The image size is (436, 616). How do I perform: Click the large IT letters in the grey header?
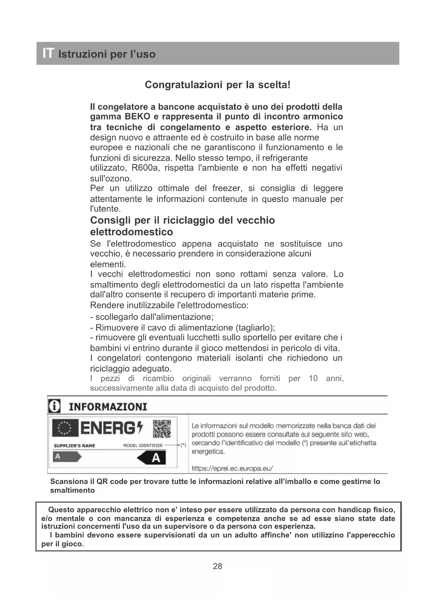(x=48, y=53)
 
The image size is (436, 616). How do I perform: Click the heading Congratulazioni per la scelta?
(x=217, y=85)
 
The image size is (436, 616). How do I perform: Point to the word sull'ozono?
(x=111, y=178)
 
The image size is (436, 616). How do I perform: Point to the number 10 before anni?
(x=313, y=379)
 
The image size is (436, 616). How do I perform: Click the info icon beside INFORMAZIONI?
(x=54, y=406)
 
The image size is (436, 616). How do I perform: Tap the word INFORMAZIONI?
(x=108, y=407)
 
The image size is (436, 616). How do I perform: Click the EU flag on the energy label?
(x=65, y=428)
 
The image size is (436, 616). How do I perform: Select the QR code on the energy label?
(x=162, y=428)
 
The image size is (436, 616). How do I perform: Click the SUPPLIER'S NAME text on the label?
(x=74, y=446)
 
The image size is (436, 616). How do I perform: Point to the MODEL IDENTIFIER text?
(x=143, y=446)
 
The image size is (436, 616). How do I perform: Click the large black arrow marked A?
(x=151, y=458)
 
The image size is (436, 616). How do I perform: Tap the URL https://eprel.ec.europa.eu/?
(x=232, y=468)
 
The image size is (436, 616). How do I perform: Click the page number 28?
(x=217, y=566)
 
